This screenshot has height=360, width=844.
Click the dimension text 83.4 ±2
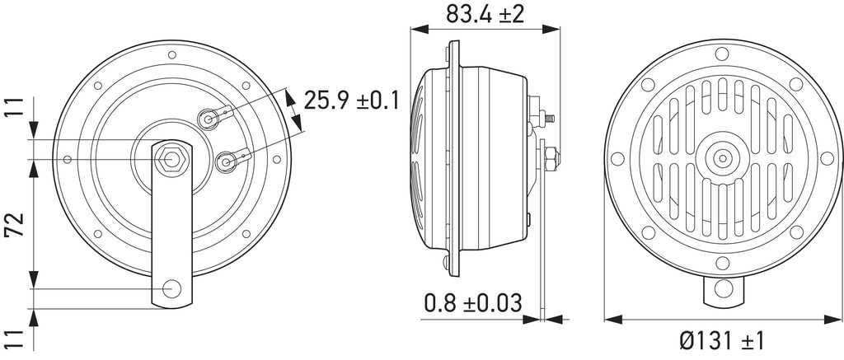485,14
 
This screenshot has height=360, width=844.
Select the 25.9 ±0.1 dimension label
351,101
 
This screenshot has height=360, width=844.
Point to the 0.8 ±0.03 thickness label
473,303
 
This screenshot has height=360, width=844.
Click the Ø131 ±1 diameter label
721,340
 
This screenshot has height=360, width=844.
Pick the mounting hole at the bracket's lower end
171,289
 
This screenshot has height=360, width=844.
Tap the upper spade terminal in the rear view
215,117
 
